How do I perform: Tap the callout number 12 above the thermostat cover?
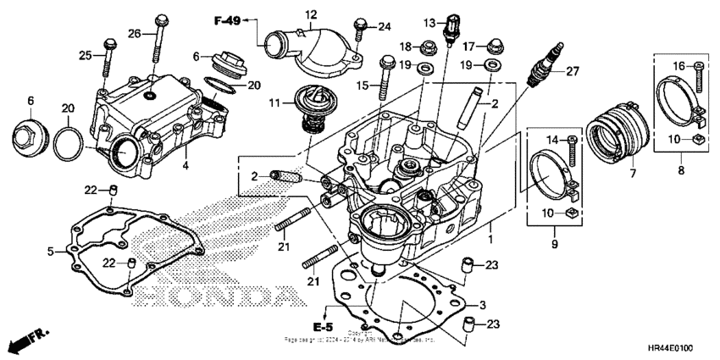311,14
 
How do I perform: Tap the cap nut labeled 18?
429,45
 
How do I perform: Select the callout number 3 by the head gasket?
481,304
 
